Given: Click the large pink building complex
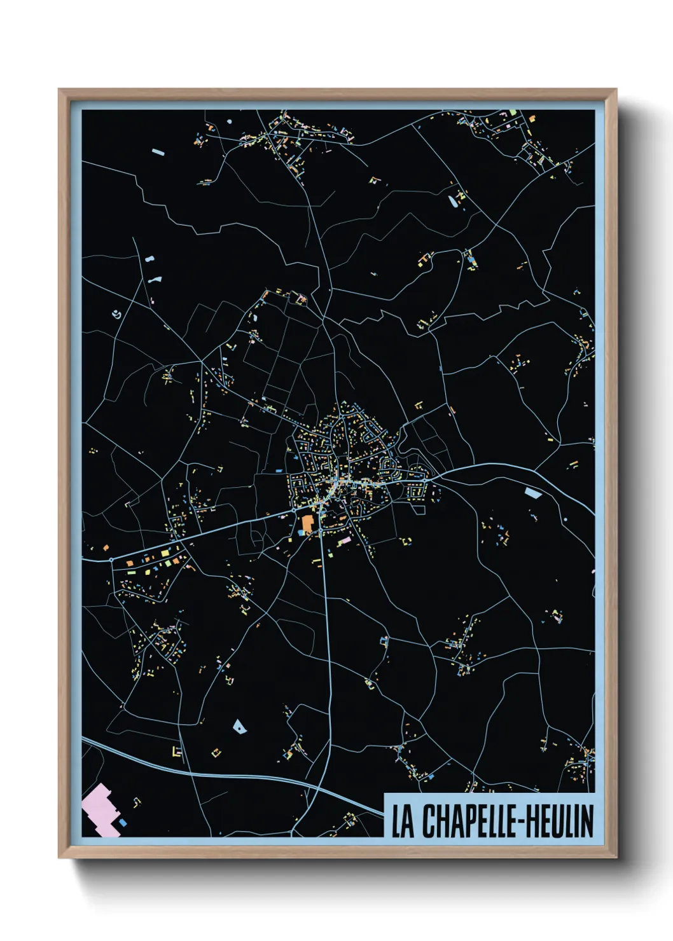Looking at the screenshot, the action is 99,809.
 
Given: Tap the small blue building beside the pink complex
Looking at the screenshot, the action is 123,823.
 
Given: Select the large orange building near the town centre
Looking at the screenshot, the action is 307,524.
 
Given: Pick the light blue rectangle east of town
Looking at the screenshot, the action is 532,492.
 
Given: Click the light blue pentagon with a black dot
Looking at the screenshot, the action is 239,725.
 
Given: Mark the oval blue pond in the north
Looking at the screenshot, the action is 452,202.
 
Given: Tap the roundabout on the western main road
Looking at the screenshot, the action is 111,560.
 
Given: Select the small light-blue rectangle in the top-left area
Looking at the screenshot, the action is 158,152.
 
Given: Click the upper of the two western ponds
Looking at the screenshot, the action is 149,260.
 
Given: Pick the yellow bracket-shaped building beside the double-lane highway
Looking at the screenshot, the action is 176,751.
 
